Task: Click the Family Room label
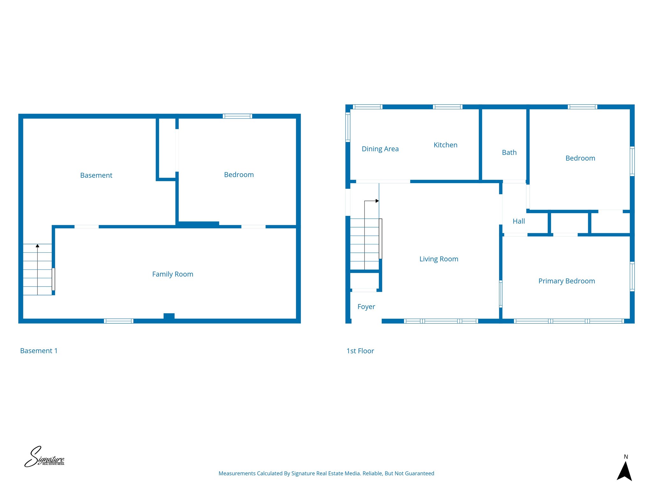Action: pos(172,274)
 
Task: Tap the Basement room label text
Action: pos(96,175)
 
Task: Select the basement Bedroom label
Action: pos(239,174)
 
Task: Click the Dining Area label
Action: pos(380,149)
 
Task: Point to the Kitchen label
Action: pos(445,145)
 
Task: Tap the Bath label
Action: pos(509,152)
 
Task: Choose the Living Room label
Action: pos(439,259)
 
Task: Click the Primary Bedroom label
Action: pos(567,281)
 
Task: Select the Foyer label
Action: pos(366,307)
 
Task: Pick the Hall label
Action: pos(519,221)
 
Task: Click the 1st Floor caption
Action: pos(360,351)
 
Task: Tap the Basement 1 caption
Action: pos(39,351)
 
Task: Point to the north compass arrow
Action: pos(624,472)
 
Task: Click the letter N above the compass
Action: pos(626,457)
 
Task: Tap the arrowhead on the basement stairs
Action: pos(37,246)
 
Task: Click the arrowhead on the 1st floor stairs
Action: pos(377,201)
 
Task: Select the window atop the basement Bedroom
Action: pos(237,116)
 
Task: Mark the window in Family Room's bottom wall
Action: pos(119,321)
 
